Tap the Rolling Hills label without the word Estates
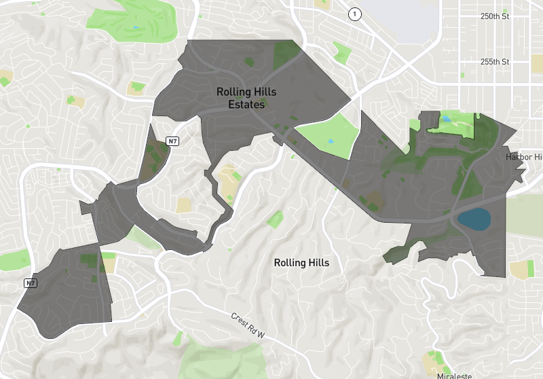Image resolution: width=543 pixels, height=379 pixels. coord(301,263)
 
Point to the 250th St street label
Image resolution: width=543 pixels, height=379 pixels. coord(495,16)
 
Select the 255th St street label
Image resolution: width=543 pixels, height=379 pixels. coord(495,61)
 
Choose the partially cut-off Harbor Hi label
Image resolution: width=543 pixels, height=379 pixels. coord(525,157)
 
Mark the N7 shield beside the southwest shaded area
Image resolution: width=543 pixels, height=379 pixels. coord(30,283)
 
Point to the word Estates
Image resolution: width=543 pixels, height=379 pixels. coord(246,105)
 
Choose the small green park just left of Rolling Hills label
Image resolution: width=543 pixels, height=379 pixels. coord(275,219)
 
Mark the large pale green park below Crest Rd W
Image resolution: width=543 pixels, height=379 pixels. coord(224,360)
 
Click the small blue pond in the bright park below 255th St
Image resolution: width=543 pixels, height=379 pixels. coord(446,120)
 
